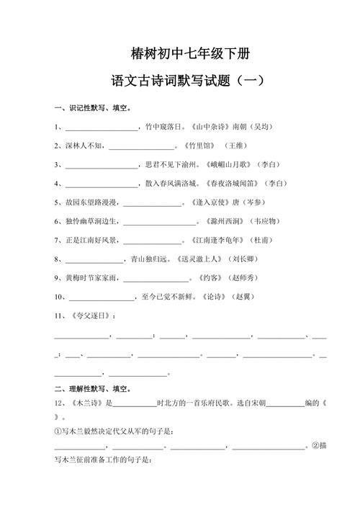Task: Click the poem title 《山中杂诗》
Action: [210, 127]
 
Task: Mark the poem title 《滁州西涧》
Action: [215, 221]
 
